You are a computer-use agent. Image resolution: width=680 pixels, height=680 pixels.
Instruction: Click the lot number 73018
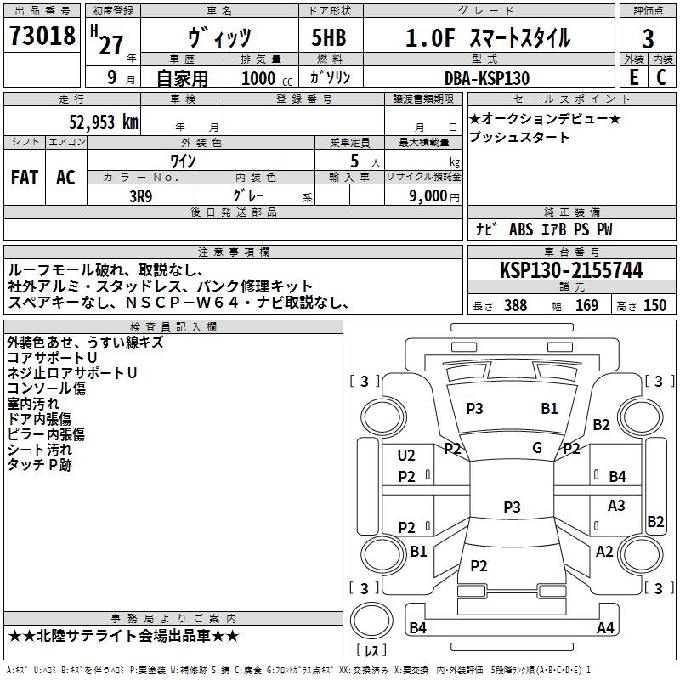(42, 36)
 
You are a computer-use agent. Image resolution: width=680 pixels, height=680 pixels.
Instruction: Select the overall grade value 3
(648, 38)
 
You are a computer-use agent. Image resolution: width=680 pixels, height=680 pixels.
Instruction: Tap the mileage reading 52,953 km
(104, 122)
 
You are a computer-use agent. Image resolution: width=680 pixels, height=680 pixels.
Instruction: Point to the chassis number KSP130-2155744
(571, 270)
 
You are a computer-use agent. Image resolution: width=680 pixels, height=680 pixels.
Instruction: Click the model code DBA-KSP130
(487, 78)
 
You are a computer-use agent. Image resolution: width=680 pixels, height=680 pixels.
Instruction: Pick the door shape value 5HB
(329, 37)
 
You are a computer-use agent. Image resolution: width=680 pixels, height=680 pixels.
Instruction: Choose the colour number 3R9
(140, 196)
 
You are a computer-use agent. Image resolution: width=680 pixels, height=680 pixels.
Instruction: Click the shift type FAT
(25, 178)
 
